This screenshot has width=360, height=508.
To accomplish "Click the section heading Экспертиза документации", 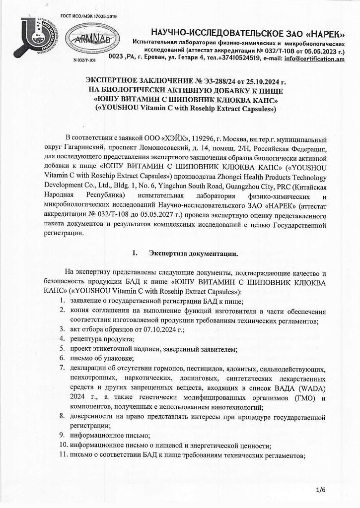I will [193, 253].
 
